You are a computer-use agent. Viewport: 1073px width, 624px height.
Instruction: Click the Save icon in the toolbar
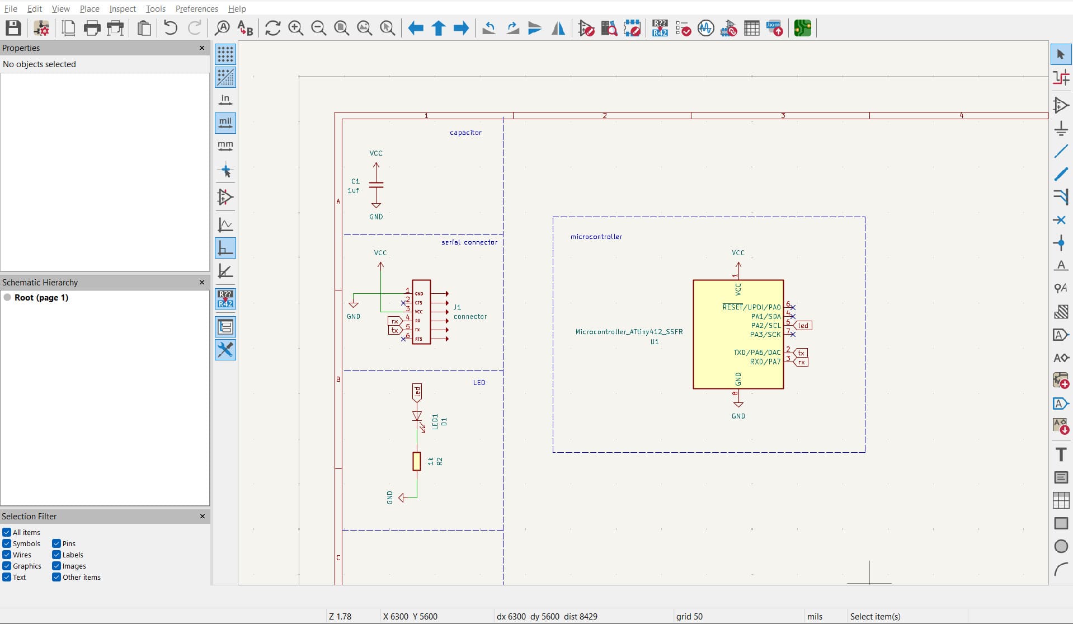click(x=13, y=28)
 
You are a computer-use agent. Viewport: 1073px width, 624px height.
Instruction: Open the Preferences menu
click(x=196, y=9)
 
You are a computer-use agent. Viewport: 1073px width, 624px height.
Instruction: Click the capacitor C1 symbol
click(x=376, y=184)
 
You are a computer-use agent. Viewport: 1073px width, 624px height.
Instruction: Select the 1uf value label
click(x=353, y=191)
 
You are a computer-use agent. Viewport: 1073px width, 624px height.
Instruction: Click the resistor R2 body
click(x=417, y=461)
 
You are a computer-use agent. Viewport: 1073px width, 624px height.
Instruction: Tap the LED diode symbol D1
click(x=417, y=416)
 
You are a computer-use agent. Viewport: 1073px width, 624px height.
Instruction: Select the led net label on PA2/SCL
click(x=803, y=326)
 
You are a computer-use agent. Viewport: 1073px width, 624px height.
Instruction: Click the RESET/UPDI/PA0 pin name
click(x=751, y=307)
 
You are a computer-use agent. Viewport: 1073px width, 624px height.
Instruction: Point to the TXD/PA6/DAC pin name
click(x=757, y=353)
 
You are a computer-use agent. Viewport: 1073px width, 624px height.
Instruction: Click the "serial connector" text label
click(x=469, y=242)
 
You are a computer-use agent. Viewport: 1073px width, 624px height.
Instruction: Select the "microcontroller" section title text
click(x=596, y=237)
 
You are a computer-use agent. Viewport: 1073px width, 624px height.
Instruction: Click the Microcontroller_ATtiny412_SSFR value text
click(x=629, y=332)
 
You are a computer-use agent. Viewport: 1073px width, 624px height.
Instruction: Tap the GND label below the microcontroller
click(x=738, y=416)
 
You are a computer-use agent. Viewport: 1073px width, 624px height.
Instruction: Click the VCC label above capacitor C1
click(x=376, y=153)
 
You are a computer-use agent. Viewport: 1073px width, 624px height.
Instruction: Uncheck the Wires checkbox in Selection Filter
click(x=7, y=555)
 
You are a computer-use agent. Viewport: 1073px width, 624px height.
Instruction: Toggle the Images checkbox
click(x=57, y=566)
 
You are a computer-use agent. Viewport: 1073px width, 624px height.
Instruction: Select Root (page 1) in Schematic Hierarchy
click(x=41, y=298)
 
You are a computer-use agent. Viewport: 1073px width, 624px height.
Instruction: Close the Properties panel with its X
click(x=202, y=48)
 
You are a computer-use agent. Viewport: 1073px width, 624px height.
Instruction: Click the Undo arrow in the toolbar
click(x=171, y=28)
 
